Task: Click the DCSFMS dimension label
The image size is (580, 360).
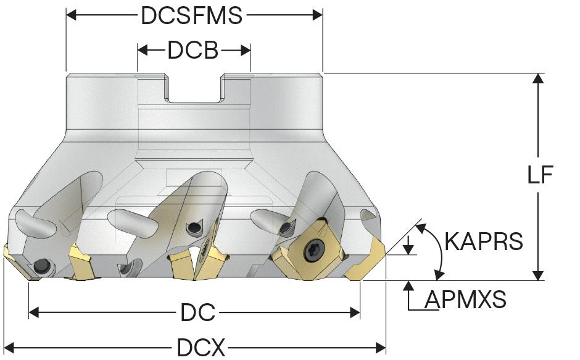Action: pyautogui.click(x=192, y=15)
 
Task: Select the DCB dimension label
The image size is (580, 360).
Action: pyautogui.click(x=193, y=51)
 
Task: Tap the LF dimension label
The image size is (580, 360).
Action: pyautogui.click(x=540, y=176)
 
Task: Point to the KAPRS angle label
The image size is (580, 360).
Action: pyautogui.click(x=483, y=241)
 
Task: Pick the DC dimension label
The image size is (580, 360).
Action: pyautogui.click(x=197, y=314)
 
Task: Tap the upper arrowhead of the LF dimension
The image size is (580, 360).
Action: pyautogui.click(x=539, y=78)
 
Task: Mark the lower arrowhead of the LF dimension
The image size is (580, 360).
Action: pyautogui.click(x=539, y=275)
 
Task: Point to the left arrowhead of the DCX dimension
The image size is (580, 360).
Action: pyautogui.click(x=9, y=348)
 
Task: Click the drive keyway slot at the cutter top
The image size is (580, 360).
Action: pyautogui.click(x=193, y=90)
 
